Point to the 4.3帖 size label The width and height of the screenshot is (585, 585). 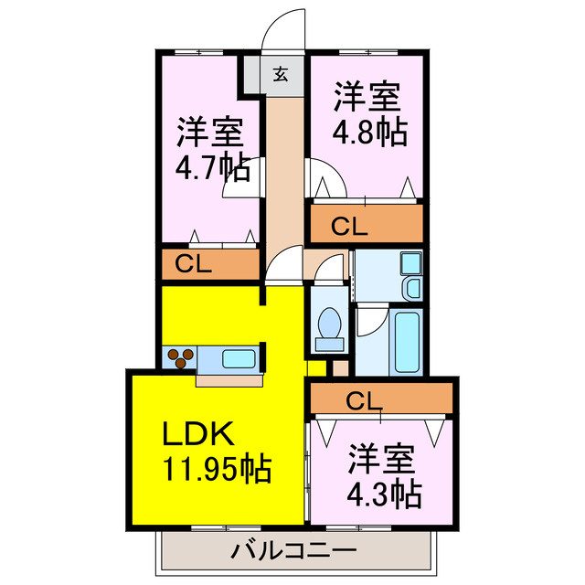pos(384,494)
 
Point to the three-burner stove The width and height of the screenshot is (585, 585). pos(179,356)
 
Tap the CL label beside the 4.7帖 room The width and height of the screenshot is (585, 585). pos(194,265)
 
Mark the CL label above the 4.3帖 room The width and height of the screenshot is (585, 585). pos(363,399)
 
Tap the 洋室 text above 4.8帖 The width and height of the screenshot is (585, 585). pos(367,96)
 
